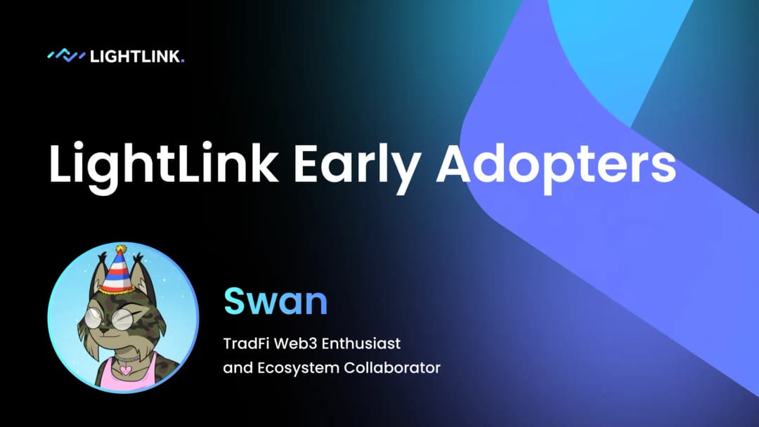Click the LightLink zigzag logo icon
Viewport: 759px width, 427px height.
click(x=65, y=55)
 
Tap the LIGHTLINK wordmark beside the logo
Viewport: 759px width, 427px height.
click(x=134, y=56)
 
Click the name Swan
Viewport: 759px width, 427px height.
click(x=275, y=301)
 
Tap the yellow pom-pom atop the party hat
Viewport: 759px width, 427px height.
click(x=121, y=249)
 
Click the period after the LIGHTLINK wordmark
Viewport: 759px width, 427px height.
click(x=182, y=61)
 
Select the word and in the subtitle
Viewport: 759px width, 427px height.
click(x=236, y=367)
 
